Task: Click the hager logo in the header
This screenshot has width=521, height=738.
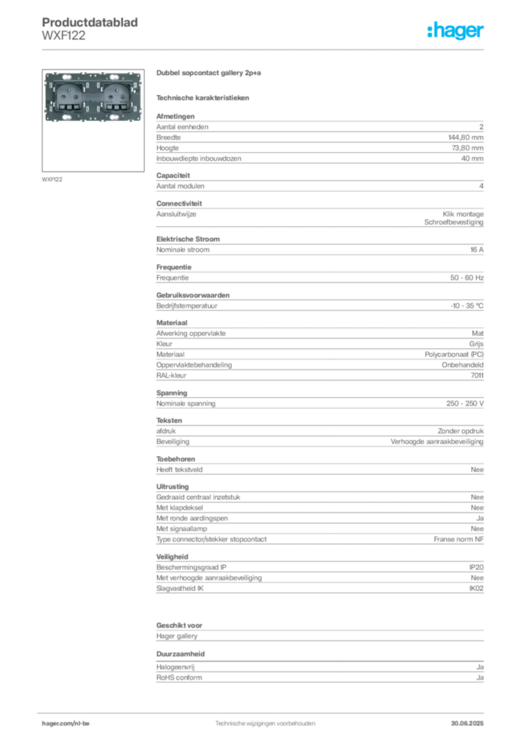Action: pyautogui.click(x=455, y=31)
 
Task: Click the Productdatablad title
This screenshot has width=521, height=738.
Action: pyautogui.click(x=90, y=22)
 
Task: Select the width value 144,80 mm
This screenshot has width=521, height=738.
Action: pyautogui.click(x=466, y=138)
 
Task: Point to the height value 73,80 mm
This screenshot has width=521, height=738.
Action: pyautogui.click(x=468, y=148)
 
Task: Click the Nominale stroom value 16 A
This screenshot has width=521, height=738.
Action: pyautogui.click(x=477, y=249)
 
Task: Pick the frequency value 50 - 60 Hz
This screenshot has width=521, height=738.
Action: pyautogui.click(x=466, y=277)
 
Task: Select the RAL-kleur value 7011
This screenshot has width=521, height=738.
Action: pyautogui.click(x=477, y=375)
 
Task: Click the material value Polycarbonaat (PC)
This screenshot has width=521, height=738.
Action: pyautogui.click(x=454, y=355)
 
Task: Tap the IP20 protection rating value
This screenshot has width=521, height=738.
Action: pyautogui.click(x=476, y=567)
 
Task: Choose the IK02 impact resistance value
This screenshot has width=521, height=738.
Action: pyautogui.click(x=476, y=588)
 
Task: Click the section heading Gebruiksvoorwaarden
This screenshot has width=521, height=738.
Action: pyautogui.click(x=193, y=295)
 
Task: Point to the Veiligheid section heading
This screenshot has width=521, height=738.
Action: pyautogui.click(x=172, y=556)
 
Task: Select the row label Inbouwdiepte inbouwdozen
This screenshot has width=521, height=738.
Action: pyautogui.click(x=199, y=159)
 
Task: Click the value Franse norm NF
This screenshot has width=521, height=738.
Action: pyautogui.click(x=458, y=539)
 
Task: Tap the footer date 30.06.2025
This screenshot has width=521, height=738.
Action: pyautogui.click(x=467, y=723)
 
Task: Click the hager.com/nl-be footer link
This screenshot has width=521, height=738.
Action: pyautogui.click(x=65, y=723)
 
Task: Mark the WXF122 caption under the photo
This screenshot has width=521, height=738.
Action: pyautogui.click(x=52, y=179)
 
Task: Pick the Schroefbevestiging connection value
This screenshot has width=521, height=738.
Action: pyautogui.click(x=454, y=222)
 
